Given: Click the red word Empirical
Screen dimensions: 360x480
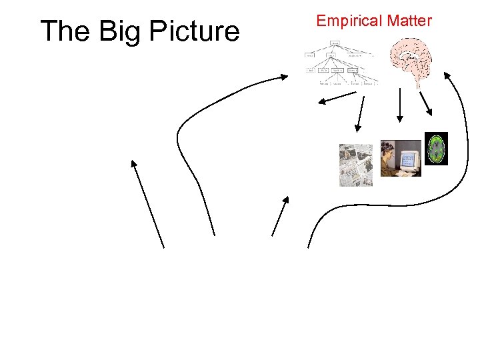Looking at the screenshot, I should point(348,21).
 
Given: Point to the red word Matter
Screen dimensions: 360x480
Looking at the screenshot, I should point(408,21).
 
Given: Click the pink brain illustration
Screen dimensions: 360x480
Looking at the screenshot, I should point(414,59).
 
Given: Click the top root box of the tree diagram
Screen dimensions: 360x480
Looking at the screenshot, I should point(335,43).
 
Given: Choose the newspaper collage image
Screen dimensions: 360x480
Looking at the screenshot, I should point(355,164).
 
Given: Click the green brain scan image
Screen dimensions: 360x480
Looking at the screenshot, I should point(436,149).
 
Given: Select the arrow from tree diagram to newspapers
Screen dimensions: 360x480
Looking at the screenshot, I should point(361,114).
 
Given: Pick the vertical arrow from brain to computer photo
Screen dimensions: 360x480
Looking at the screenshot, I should point(399,105).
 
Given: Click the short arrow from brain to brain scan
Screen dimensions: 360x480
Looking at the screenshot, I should point(426,103).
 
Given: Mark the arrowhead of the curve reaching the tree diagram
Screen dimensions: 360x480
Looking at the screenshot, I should point(286,78).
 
